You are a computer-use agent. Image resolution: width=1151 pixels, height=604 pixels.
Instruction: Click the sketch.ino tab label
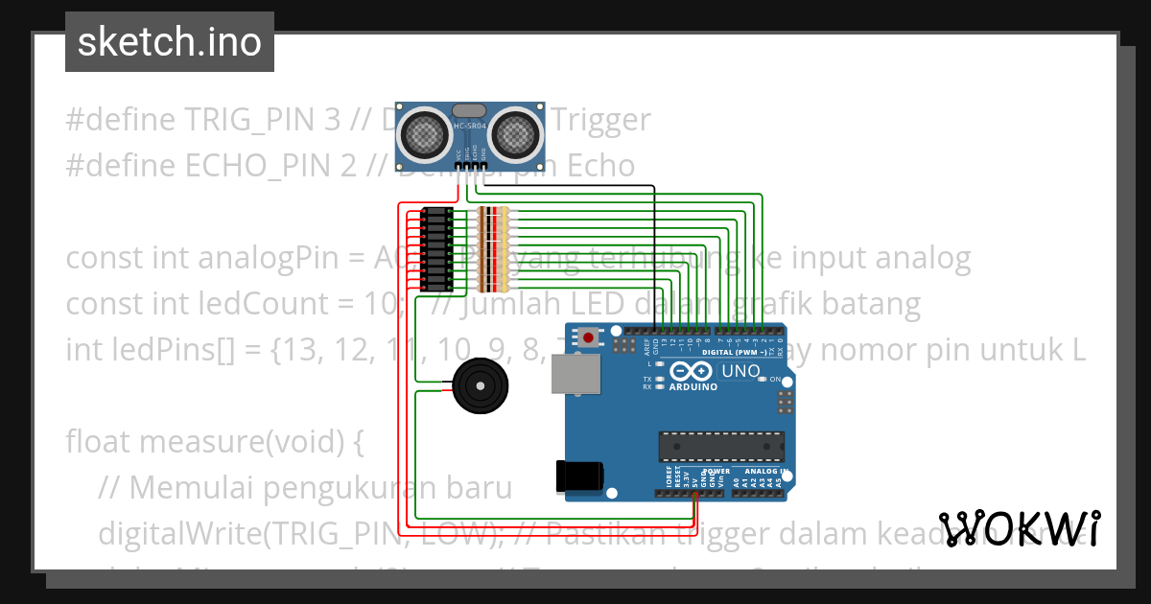(169, 42)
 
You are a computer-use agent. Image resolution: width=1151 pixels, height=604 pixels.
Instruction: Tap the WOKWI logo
(1019, 528)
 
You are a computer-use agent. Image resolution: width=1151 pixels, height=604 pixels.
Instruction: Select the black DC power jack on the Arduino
(579, 476)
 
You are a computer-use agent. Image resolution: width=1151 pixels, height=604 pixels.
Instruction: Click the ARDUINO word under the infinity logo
(692, 386)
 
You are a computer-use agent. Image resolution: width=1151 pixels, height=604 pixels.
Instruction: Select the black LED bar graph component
(437, 248)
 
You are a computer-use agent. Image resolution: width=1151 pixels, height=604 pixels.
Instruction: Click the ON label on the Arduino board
(775, 380)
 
